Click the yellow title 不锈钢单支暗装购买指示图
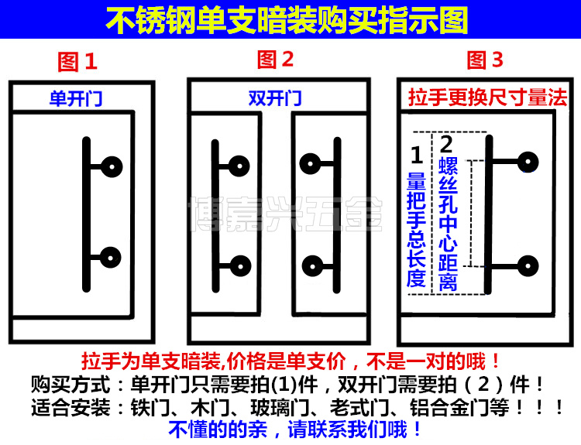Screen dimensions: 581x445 (290, 19)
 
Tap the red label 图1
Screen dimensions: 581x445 (78, 61)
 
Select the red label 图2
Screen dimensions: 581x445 (276, 60)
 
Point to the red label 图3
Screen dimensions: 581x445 (485, 60)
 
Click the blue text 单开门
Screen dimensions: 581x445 (75, 99)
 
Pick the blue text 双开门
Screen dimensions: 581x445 (275, 99)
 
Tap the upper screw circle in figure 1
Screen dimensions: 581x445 (112, 166)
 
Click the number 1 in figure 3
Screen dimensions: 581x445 (416, 155)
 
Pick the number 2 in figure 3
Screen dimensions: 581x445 (447, 145)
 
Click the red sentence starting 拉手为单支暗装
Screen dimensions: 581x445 (290, 361)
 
